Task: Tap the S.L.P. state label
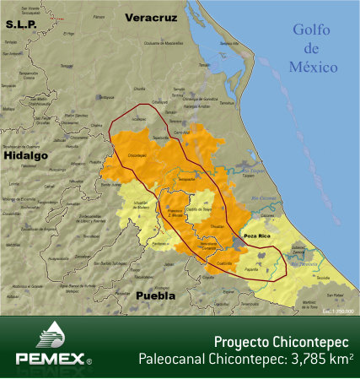[x=23, y=24]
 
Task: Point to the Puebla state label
[x=155, y=296]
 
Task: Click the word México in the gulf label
[x=313, y=66]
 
